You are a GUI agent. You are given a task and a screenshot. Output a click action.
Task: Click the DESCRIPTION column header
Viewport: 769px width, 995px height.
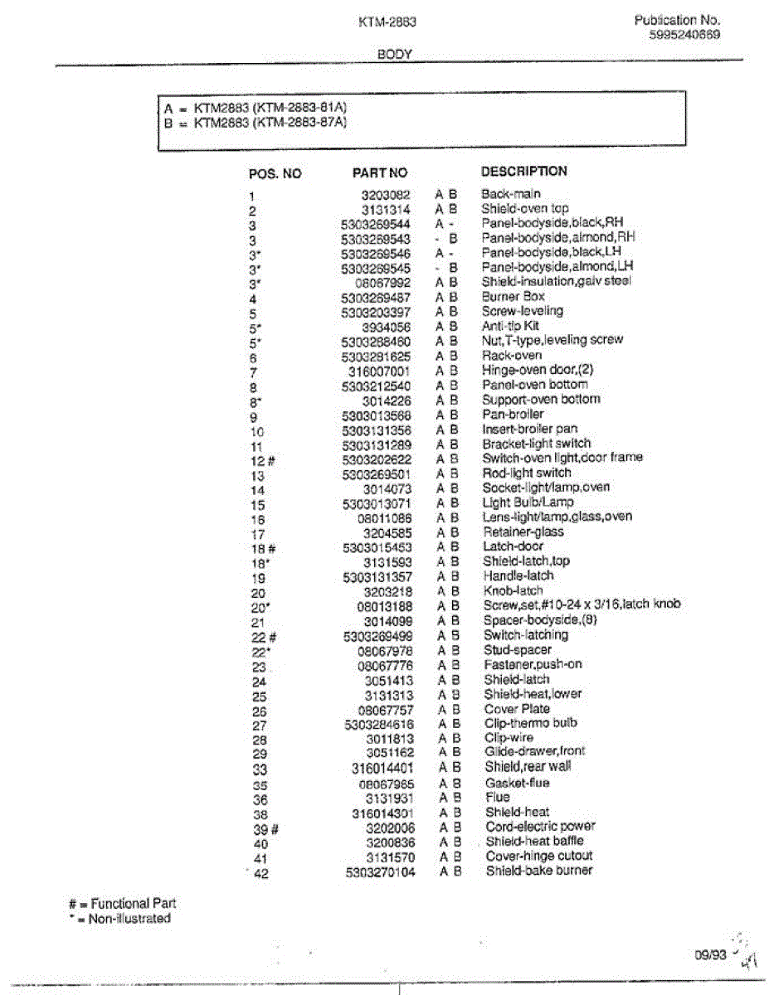tap(524, 172)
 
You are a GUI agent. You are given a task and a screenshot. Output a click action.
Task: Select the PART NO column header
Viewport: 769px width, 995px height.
tap(380, 173)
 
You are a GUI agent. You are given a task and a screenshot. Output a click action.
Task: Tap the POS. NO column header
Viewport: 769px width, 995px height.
tap(275, 174)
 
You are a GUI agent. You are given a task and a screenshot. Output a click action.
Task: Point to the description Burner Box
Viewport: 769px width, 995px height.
tap(513, 296)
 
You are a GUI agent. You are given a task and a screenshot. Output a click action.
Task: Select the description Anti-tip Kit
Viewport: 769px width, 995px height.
tap(510, 326)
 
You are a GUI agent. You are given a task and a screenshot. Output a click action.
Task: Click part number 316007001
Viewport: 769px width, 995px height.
tap(379, 371)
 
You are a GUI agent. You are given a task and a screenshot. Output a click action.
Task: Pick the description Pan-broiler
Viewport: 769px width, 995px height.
tap(513, 414)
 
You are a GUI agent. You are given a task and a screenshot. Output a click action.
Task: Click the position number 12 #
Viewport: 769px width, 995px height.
tap(262, 460)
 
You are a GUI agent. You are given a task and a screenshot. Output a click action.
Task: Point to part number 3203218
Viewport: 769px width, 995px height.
tap(387, 591)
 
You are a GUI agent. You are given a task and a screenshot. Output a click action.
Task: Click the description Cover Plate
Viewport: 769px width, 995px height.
tap(518, 709)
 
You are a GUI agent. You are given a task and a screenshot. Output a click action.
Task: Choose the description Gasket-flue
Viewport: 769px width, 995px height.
tap(518, 783)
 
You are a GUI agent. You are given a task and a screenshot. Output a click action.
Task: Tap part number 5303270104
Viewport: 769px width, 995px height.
tap(381, 871)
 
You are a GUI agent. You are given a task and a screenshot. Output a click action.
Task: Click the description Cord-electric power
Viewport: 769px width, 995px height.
tap(540, 827)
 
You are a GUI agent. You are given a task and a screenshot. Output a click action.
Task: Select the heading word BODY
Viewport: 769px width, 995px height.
tap(395, 55)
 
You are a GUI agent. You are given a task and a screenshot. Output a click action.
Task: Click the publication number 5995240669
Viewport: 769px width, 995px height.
tap(684, 35)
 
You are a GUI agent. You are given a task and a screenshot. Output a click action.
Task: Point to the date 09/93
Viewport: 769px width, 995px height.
tap(711, 954)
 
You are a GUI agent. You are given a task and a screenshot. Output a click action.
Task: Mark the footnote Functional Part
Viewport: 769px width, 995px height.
tap(134, 903)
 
